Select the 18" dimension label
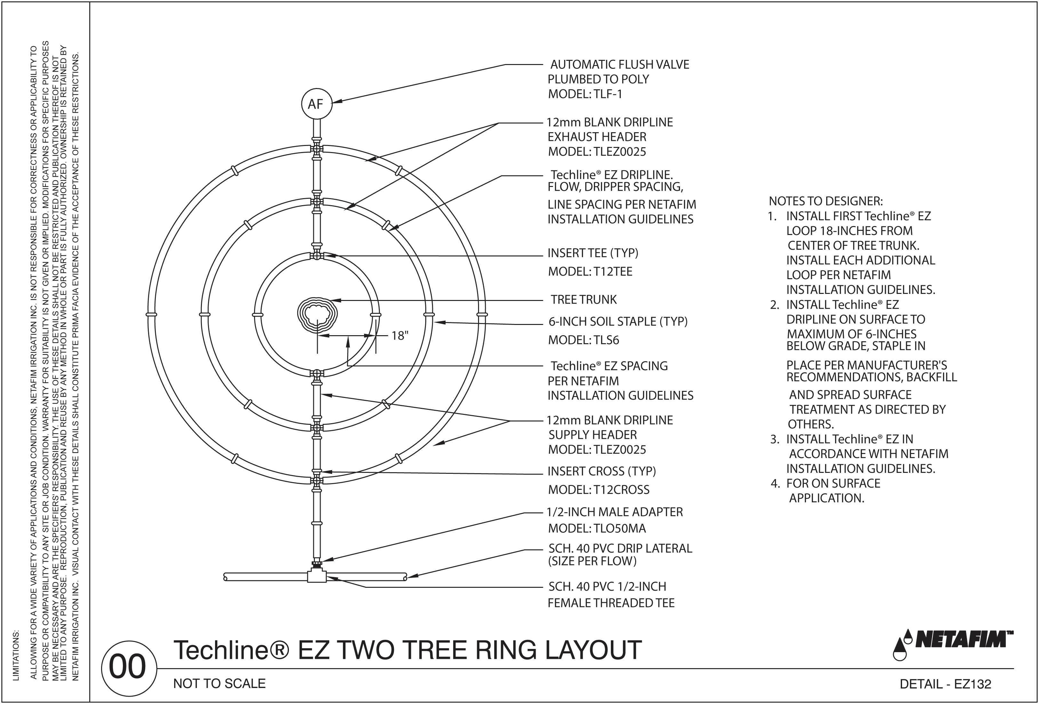pyautogui.click(x=400, y=336)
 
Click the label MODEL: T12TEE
pyautogui.click(x=590, y=272)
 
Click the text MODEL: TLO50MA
pyautogui.click(x=597, y=529)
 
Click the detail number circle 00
pyautogui.click(x=128, y=667)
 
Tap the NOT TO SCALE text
pyautogui.click(x=219, y=684)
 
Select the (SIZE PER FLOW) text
pyautogui.click(x=592, y=561)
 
